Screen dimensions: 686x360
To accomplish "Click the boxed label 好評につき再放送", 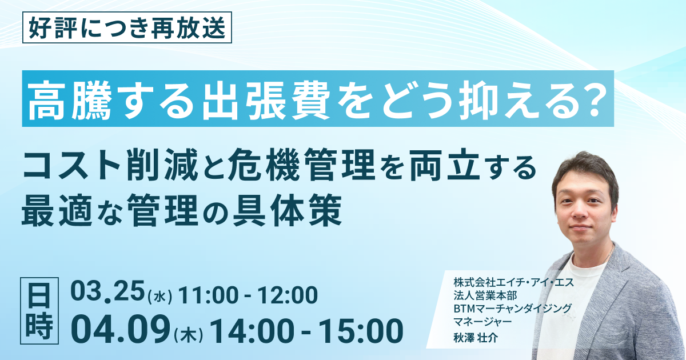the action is (127, 27).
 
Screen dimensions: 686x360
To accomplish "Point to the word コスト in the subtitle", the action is (71, 166).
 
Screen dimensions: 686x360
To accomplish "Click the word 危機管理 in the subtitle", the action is (302, 165).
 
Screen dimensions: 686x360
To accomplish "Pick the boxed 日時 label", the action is (39, 311).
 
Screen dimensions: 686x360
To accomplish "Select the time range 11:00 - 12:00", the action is (248, 295).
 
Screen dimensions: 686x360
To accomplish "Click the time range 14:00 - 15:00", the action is (306, 331).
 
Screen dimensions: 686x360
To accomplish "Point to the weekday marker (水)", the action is (160, 297).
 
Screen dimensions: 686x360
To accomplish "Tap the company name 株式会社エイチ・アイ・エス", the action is (513, 282).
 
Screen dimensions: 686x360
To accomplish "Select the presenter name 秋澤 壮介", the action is (476, 337).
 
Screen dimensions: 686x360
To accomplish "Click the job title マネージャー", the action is (482, 322).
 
